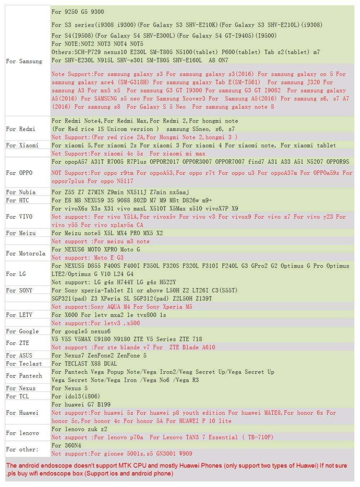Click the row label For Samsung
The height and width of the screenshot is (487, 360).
[24, 62]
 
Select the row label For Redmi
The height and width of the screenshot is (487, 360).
[21, 129]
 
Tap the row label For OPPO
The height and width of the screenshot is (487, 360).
[19, 173]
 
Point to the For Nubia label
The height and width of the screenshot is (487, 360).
[21, 192]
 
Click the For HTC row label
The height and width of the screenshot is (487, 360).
[17, 200]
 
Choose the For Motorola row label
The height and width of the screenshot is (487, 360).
[26, 253]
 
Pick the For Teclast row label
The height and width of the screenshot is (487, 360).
[24, 364]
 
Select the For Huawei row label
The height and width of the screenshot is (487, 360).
[22, 413]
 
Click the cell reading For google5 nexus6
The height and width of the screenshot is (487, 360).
[81, 331]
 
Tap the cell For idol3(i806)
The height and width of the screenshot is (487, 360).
[76, 396]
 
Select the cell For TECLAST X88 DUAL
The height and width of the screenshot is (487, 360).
[84, 364]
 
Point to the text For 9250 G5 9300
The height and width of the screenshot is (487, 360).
[78, 12]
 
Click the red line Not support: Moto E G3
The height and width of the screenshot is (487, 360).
[87, 258]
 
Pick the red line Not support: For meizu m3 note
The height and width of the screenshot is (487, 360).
[100, 241]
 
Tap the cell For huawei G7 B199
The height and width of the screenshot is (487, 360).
[81, 404]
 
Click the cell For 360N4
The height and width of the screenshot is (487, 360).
[66, 445]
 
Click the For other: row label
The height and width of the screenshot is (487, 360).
[22, 449]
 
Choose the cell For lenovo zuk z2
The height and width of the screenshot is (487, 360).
[79, 429]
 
